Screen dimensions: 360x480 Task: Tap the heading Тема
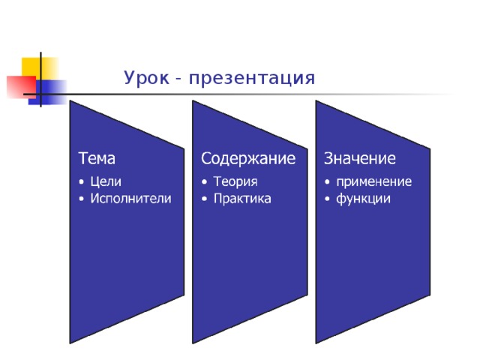pyautogui.click(x=97, y=158)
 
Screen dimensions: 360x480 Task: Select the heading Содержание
pyautogui.click(x=247, y=158)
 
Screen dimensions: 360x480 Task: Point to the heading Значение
pyautogui.click(x=359, y=158)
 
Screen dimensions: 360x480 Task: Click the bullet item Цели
pyautogui.click(x=105, y=181)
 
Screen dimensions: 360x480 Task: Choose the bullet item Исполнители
pyautogui.click(x=130, y=198)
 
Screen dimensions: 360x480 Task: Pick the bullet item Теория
pyautogui.click(x=235, y=181)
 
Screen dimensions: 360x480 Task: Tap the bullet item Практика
pyautogui.click(x=241, y=198)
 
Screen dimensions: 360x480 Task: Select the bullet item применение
pyautogui.click(x=373, y=181)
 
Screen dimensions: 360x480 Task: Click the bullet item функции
pyautogui.click(x=363, y=198)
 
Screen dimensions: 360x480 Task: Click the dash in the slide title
pyautogui.click(x=177, y=79)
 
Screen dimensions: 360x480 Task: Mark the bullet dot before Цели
pyautogui.click(x=81, y=181)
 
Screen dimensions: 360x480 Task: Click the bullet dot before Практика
pyautogui.click(x=204, y=199)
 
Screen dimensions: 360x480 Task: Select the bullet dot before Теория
pyautogui.click(x=204, y=181)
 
